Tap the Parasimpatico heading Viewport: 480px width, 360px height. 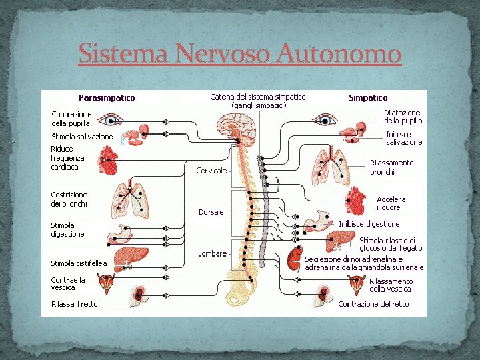pyautogui.click(x=107, y=97)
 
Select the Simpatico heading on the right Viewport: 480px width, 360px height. pyautogui.click(x=368, y=98)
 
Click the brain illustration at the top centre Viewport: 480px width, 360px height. pyautogui.click(x=237, y=126)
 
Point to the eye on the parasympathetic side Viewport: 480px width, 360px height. pyautogui.click(x=109, y=121)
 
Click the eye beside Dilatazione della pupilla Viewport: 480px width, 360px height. pyautogui.click(x=326, y=121)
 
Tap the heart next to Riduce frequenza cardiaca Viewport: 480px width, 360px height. pyautogui.click(x=107, y=161)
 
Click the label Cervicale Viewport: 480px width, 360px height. pyautogui.click(x=211, y=171)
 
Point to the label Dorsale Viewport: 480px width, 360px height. pyautogui.click(x=211, y=212)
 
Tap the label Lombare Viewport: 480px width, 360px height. pyautogui.click(x=212, y=254)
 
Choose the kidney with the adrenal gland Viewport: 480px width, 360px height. pyautogui.click(x=294, y=258)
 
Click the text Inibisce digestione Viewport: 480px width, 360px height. pyautogui.click(x=369, y=224)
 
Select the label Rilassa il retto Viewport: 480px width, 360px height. pyautogui.click(x=74, y=304)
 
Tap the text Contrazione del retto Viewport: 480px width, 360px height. pyautogui.click(x=373, y=304)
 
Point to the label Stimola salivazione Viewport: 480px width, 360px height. pyautogui.click(x=82, y=137)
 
